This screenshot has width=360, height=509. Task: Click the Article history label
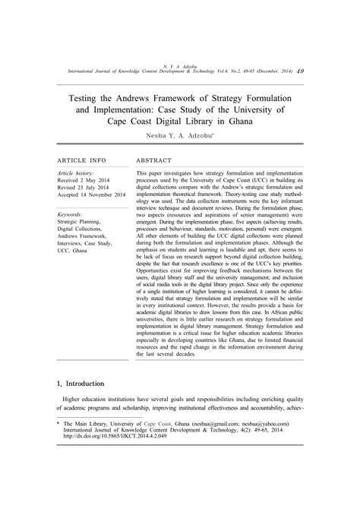[76, 194]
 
